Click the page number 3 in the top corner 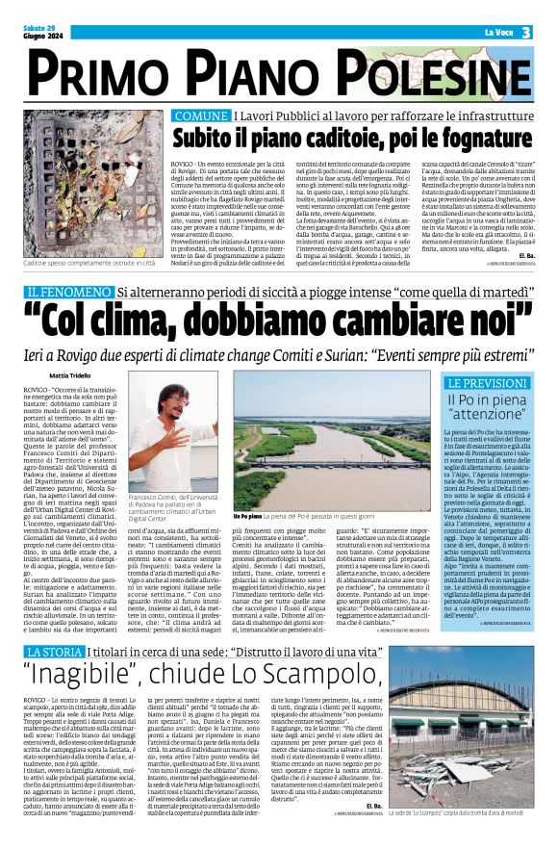pos(526,33)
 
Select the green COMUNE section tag pos(201,116)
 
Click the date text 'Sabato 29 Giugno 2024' pos(41,33)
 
